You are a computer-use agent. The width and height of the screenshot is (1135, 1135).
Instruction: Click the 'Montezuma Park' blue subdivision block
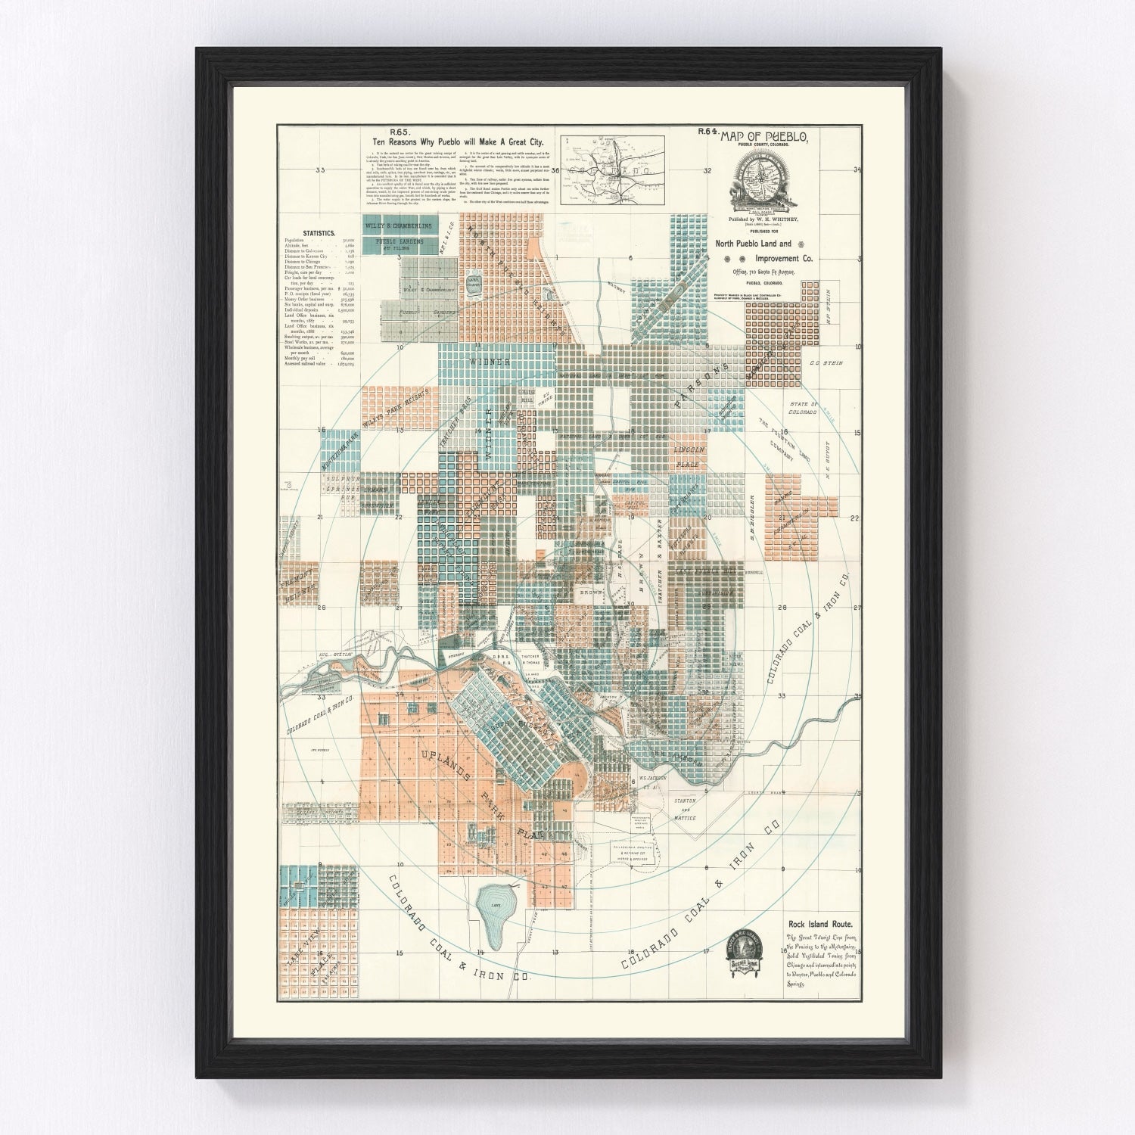pyautogui.click(x=340, y=451)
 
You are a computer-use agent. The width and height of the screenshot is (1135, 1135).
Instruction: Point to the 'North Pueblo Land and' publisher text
pyautogui.click(x=753, y=244)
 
